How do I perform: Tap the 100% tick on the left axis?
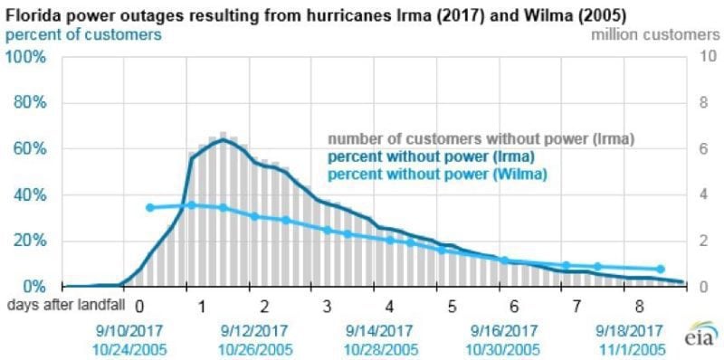pyautogui.click(x=26, y=57)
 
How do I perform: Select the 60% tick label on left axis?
pyautogui.click(x=28, y=148)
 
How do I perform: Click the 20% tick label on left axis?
pyautogui.click(x=28, y=241)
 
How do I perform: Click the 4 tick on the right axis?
pyautogui.click(x=686, y=194)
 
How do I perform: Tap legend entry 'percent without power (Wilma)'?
pyautogui.click(x=437, y=173)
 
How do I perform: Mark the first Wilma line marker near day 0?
pyautogui.click(x=150, y=207)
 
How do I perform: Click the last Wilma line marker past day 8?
pyautogui.click(x=661, y=269)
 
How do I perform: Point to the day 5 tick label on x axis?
pyautogui.click(x=449, y=307)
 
